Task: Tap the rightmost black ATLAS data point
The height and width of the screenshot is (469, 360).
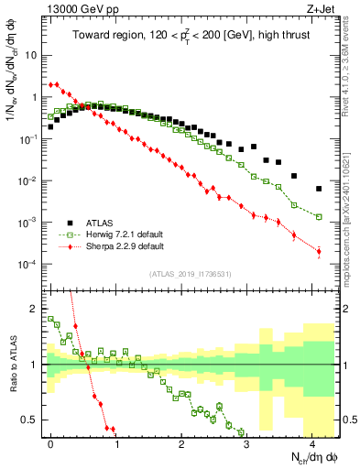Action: [x=319, y=189]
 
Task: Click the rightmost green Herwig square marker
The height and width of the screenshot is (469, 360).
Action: [x=319, y=217]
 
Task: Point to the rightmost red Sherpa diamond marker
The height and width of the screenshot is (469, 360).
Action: [x=319, y=251]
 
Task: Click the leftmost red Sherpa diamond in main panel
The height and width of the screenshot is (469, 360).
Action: [x=50, y=84]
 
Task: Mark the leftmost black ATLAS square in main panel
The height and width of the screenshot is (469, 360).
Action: [x=50, y=127]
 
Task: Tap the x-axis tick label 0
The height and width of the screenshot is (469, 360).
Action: [x=50, y=442]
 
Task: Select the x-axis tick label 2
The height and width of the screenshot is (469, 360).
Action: [x=181, y=442]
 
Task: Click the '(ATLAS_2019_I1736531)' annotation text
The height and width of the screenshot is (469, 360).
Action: [x=191, y=274]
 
